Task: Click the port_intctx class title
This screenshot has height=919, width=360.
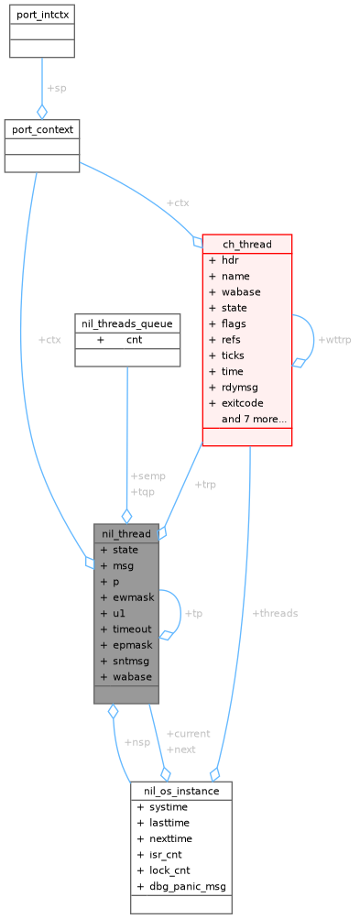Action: [42, 16]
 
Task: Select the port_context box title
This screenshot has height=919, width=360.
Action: [42, 128]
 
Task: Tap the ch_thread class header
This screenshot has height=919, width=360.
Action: [246, 244]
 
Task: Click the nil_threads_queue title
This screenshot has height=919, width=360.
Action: [126, 323]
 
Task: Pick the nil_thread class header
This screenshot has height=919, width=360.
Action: [126, 533]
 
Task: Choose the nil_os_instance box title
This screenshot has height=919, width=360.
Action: [180, 790]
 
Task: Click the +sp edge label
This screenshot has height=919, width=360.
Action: [56, 88]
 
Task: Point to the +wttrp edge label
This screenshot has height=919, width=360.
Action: [333, 340]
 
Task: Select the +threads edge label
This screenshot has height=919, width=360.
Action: [274, 613]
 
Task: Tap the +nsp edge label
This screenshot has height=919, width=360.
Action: [136, 741]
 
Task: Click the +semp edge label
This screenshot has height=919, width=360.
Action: [148, 476]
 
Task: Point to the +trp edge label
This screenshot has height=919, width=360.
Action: [205, 484]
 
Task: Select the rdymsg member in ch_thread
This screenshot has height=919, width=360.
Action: [240, 387]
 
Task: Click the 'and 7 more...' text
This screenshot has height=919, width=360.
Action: [254, 419]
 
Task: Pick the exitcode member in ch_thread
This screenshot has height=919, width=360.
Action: [242, 402]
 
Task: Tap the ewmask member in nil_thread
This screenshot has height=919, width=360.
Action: [133, 596]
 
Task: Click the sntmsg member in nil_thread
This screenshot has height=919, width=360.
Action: [131, 660]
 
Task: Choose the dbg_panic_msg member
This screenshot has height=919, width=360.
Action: [187, 886]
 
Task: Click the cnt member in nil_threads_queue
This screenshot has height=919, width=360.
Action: [135, 339]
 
